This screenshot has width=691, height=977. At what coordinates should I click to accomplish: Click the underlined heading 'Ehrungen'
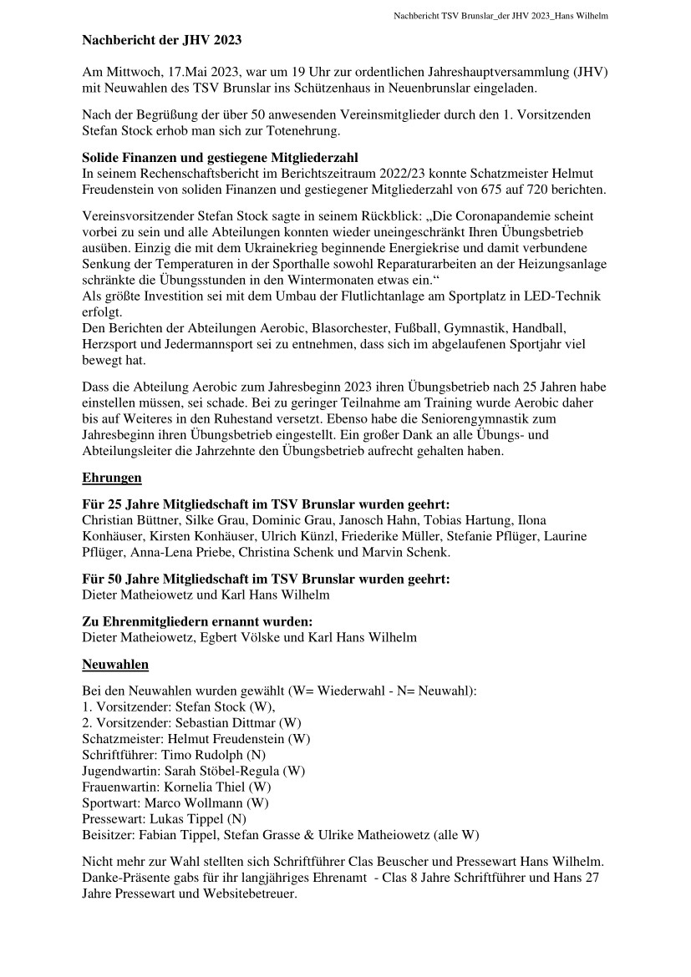pyautogui.click(x=112, y=478)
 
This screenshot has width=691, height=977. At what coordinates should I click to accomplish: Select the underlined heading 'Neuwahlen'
pyautogui.click(x=115, y=665)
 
